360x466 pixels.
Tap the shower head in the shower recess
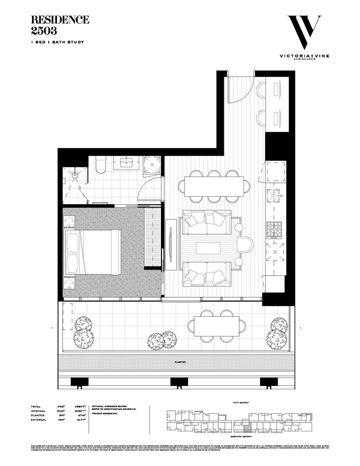coord(75,175)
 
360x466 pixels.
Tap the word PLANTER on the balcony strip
coord(180,362)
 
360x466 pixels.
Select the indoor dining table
coord(214,186)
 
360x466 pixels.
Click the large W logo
coord(304,33)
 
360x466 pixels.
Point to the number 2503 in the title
coord(44,30)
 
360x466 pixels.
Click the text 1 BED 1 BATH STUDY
coord(57,42)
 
